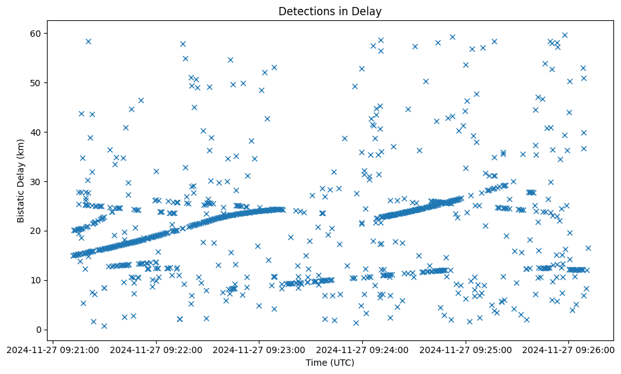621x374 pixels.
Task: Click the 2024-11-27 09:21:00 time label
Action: (53, 349)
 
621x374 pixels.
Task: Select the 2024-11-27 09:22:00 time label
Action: (157, 349)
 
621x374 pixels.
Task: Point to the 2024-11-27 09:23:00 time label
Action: (259, 349)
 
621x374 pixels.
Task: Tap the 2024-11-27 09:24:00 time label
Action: (363, 349)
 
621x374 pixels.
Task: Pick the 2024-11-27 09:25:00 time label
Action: (466, 349)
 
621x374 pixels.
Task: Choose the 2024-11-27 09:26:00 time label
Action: (568, 349)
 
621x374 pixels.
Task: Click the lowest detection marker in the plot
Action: (104, 326)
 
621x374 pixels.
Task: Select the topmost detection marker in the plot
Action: (565, 35)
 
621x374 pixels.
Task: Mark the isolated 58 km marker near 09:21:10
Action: (88, 42)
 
